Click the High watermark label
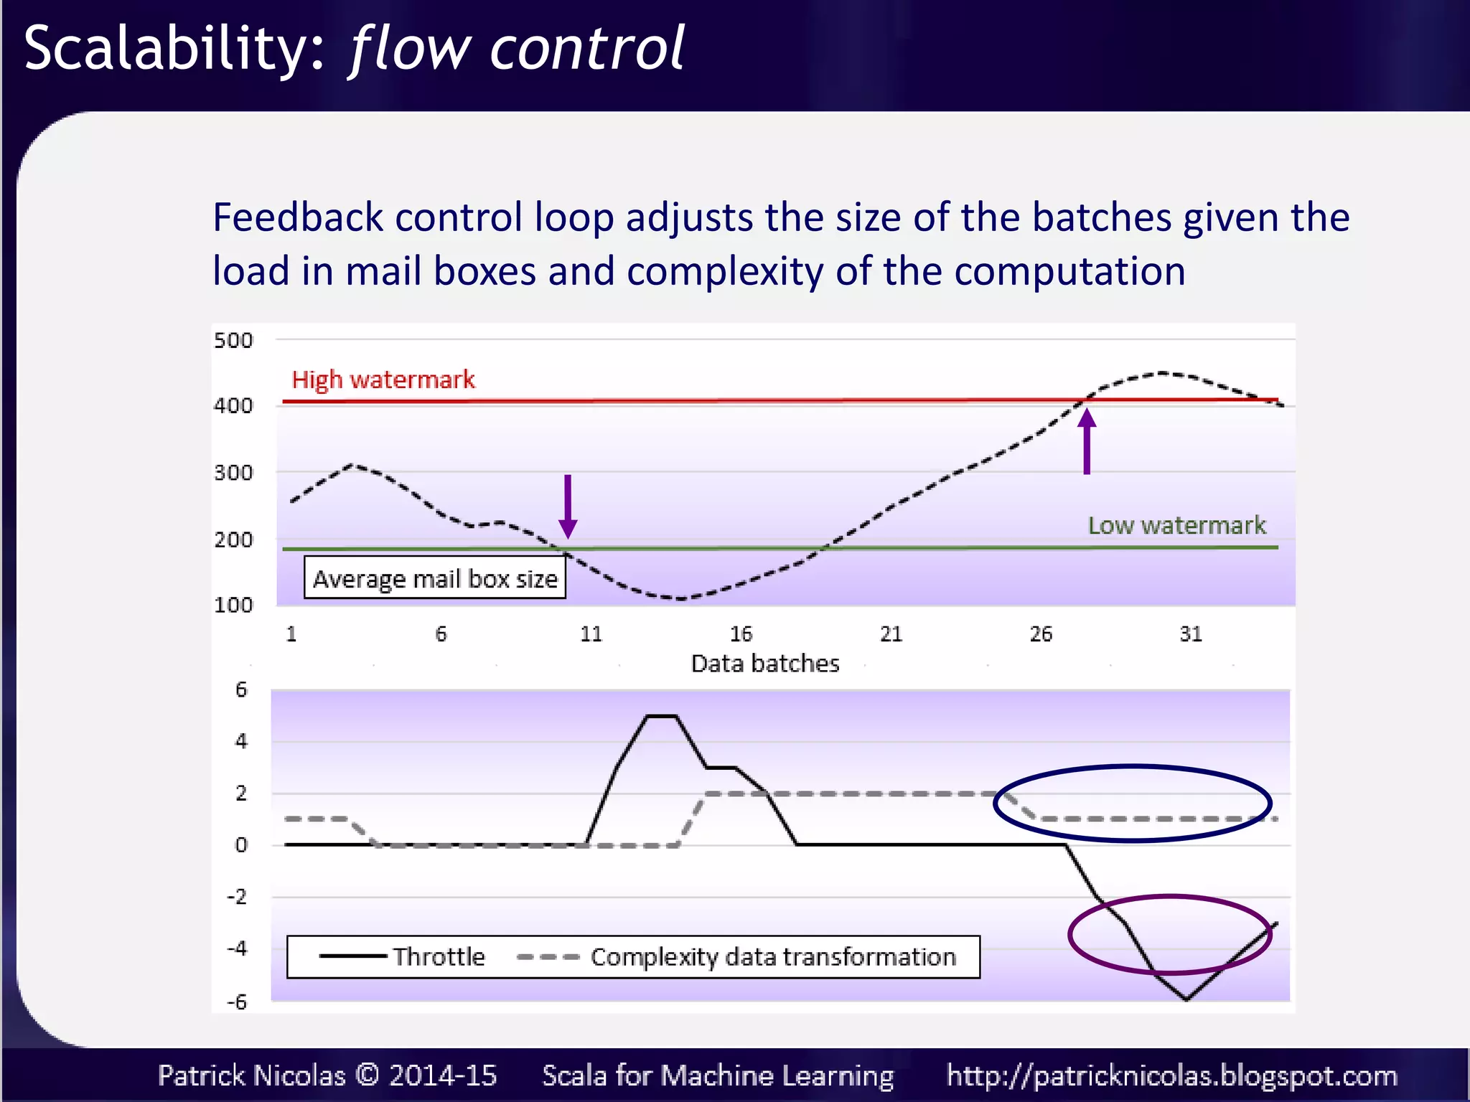383,380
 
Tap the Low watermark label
1176,525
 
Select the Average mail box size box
435,578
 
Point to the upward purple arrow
1087,441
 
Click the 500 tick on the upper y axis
233,340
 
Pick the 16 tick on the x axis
741,634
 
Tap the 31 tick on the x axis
1191,634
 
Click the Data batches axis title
764,664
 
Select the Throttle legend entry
402,956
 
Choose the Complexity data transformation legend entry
736,956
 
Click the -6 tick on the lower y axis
237,1002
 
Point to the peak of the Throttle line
662,716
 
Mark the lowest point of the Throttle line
1186,999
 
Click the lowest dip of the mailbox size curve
680,598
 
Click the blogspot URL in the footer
1171,1075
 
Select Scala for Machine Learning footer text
718,1075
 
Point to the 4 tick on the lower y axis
241,741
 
